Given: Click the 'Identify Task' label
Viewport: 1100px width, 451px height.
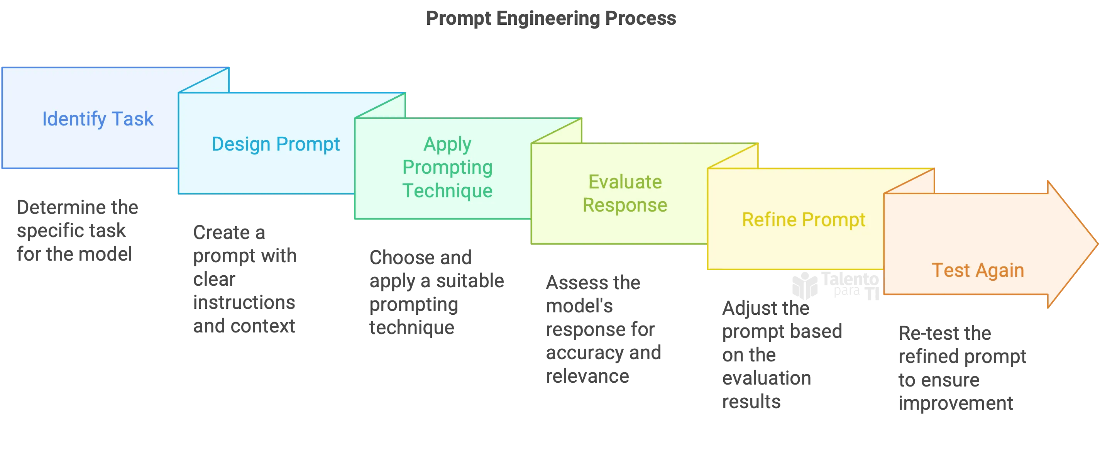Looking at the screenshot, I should pyautogui.click(x=97, y=119).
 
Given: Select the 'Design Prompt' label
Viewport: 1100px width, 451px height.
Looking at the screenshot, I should pyautogui.click(x=276, y=144).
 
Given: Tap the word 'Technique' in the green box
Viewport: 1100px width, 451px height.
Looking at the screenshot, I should pyautogui.click(x=447, y=190).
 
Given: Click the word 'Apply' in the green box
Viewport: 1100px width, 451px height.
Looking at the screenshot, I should pyautogui.click(x=447, y=144).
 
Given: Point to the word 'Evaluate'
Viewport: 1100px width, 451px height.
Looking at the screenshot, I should pyautogui.click(x=625, y=182).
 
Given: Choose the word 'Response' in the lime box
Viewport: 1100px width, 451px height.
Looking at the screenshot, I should pyautogui.click(x=625, y=205).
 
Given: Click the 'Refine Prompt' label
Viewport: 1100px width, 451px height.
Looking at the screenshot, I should pyautogui.click(x=803, y=220).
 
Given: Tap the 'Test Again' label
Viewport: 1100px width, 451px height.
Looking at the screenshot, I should pyautogui.click(x=977, y=270).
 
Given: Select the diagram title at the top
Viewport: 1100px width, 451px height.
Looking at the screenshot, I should pyautogui.click(x=550, y=18).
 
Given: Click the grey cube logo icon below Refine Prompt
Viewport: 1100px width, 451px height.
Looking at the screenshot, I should pyautogui.click(x=804, y=285).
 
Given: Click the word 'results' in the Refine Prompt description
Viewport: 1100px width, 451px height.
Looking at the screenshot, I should pyautogui.click(x=751, y=402).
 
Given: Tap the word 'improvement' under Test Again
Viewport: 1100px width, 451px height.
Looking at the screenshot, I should pyautogui.click(x=955, y=403).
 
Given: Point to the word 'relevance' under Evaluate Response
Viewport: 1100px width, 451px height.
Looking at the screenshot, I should pyautogui.click(x=587, y=376).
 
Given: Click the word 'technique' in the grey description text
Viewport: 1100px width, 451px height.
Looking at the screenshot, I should pyautogui.click(x=411, y=328).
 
